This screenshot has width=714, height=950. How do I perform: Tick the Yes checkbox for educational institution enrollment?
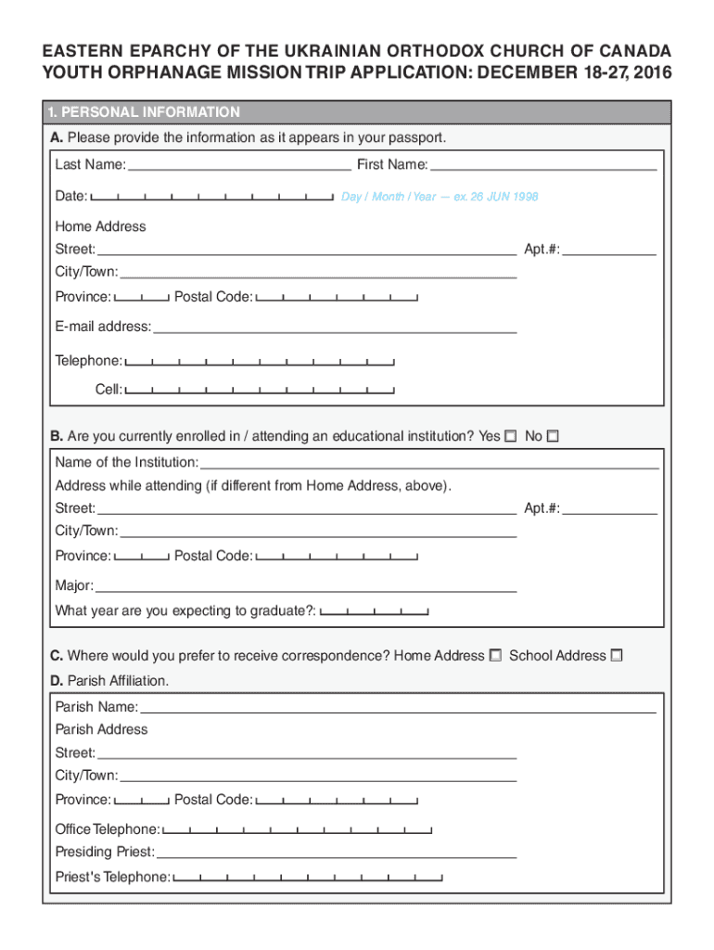(510, 436)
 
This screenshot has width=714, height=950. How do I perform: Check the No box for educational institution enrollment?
(553, 436)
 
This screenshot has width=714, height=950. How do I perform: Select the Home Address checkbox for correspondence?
(495, 656)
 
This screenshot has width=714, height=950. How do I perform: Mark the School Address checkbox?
(617, 656)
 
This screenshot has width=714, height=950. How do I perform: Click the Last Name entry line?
(239, 167)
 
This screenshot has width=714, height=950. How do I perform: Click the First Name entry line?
(543, 167)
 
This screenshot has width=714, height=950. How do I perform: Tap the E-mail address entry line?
(335, 327)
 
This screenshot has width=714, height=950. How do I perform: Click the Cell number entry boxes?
(260, 390)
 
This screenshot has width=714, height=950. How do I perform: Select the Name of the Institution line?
(429, 463)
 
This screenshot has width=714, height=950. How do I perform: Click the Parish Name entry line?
(398, 708)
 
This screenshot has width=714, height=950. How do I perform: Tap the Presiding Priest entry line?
(336, 853)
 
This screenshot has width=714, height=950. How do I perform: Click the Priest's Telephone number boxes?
(308, 877)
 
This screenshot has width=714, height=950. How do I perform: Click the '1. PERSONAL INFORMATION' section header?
(145, 112)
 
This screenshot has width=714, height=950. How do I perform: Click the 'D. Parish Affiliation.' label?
(110, 681)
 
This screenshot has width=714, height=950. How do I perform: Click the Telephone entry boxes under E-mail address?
(260, 361)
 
